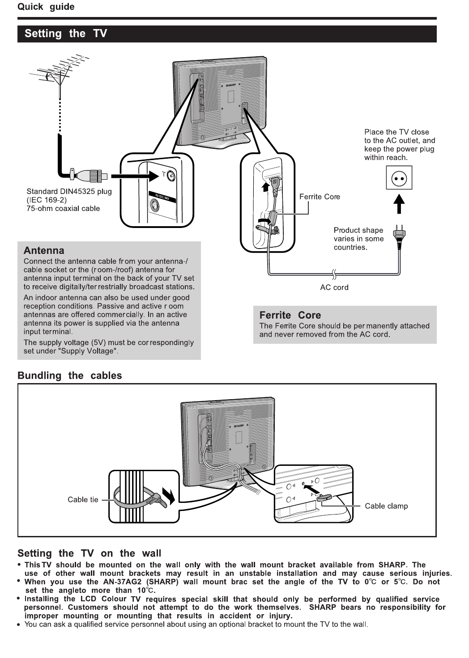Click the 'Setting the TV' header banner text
[x=66, y=34]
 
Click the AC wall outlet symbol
[x=399, y=178]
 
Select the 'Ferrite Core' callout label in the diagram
[x=320, y=197]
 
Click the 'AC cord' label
[x=334, y=287]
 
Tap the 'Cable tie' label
[x=83, y=500]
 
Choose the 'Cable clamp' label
[x=386, y=506]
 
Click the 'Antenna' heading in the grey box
[x=44, y=250]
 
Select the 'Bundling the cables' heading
[x=69, y=375]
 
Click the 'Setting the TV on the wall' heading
[x=89, y=553]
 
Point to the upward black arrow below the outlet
[x=399, y=203]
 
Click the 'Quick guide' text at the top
[x=46, y=7]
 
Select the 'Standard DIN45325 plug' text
[x=69, y=191]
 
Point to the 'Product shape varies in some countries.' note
[x=358, y=239]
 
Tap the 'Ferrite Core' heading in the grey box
[x=290, y=315]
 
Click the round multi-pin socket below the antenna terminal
[x=155, y=207]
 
